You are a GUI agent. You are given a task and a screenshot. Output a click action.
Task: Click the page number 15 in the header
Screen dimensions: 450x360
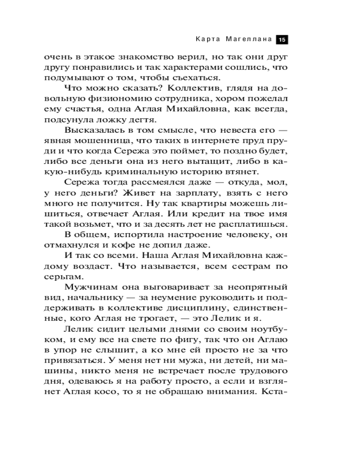tap(282, 40)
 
